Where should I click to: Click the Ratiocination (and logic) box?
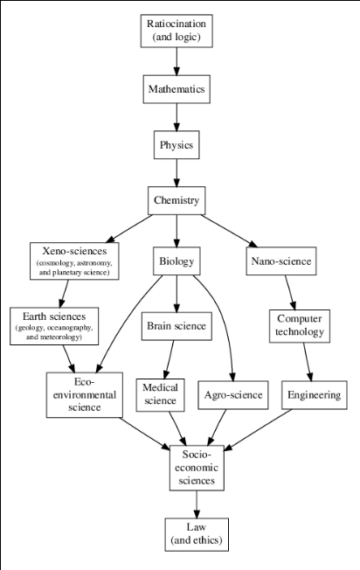177,31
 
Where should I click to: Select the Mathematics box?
177,89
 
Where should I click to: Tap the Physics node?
177,144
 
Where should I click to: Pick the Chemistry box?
177,200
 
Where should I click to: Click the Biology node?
177,261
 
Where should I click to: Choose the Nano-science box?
281,261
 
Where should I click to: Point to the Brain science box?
177,326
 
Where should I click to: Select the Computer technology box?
300,326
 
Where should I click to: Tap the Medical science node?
160,395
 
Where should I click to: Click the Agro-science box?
233,395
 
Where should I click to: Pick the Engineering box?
315,395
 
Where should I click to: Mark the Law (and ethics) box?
197,534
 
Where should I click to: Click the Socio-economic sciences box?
197,468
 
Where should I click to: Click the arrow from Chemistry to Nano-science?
229,231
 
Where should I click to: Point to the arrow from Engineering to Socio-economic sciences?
258,430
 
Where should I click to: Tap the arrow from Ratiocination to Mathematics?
177,61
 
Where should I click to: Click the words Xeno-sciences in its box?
74,251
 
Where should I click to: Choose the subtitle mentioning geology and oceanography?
54,332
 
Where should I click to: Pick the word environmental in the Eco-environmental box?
85,395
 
